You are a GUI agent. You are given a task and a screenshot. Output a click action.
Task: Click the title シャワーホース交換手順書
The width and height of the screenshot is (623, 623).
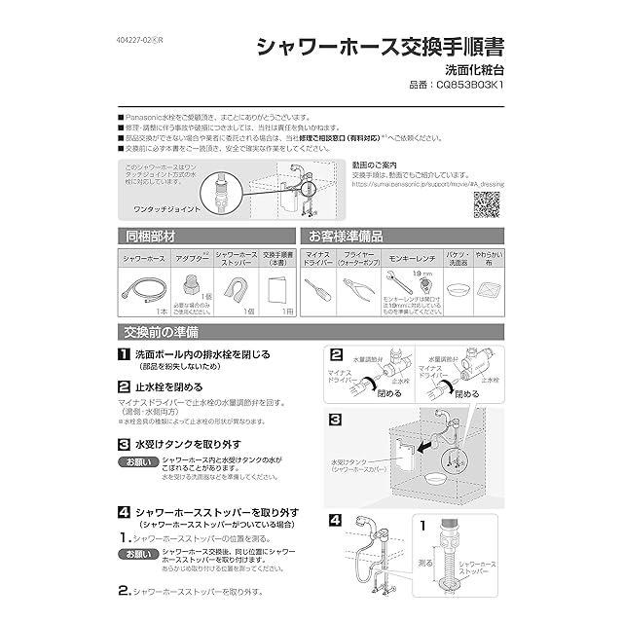tap(380, 47)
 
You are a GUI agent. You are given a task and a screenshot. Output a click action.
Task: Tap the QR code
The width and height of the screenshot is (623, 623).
tap(491, 204)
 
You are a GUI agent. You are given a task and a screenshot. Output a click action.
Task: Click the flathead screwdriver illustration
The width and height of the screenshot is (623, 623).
tap(317, 289)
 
